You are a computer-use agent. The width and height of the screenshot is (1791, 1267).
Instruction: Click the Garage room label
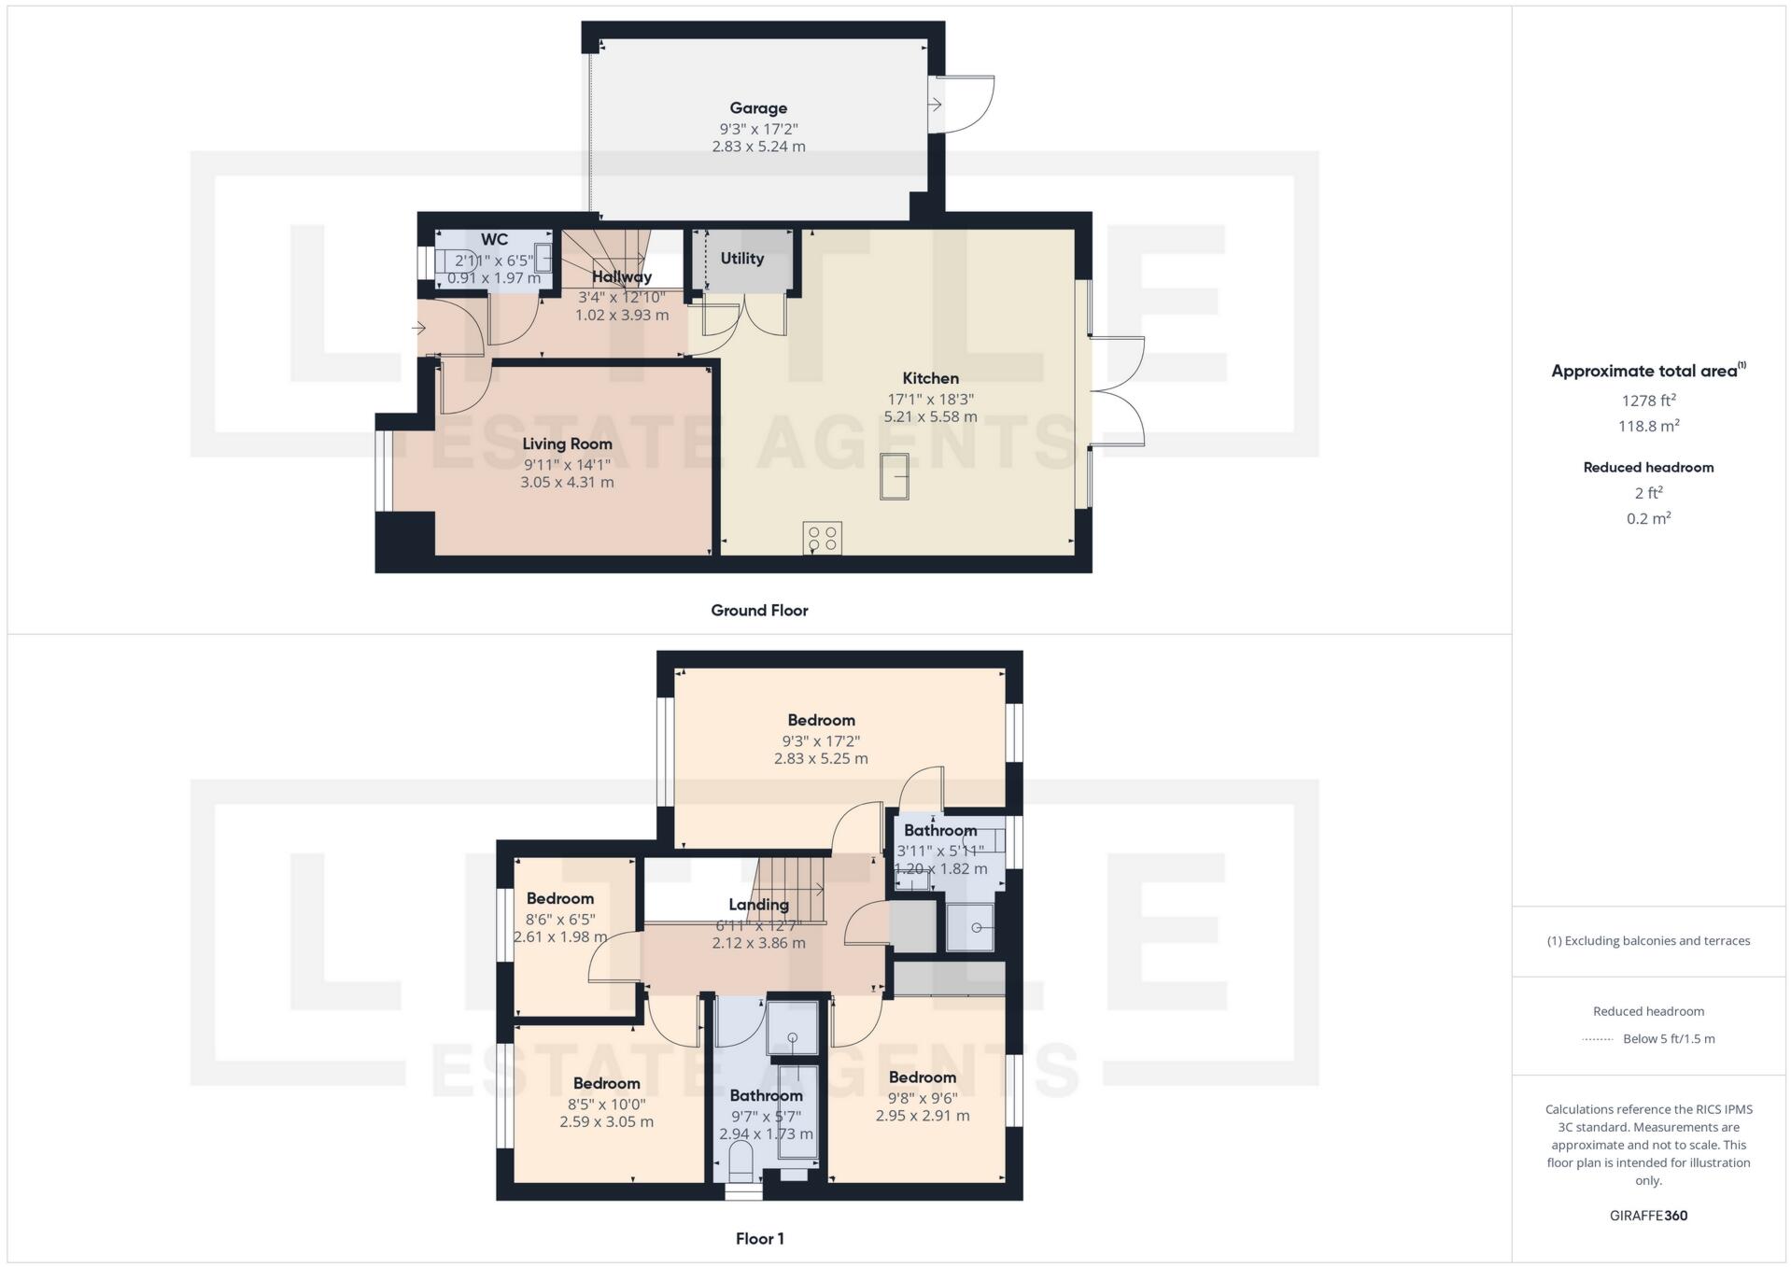click(x=758, y=108)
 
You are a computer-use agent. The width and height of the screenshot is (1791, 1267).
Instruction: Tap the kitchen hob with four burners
click(x=822, y=538)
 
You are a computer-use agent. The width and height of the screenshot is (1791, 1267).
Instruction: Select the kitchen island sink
click(x=894, y=476)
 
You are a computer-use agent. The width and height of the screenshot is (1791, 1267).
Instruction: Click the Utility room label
click(x=742, y=259)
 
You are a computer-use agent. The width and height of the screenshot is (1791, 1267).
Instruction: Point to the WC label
click(x=494, y=240)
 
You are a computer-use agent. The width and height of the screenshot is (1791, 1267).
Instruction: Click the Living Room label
click(x=567, y=444)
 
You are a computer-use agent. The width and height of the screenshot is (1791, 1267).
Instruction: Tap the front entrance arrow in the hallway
click(x=418, y=329)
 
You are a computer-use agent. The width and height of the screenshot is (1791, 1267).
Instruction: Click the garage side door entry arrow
click(x=935, y=106)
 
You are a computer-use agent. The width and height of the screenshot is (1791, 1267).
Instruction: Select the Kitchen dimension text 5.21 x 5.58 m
click(x=930, y=416)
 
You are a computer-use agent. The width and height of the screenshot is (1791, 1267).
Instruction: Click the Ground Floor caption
click(x=759, y=611)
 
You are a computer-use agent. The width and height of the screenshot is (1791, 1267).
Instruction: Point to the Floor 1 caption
click(x=759, y=1239)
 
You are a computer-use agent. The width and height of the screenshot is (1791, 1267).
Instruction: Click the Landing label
click(x=758, y=905)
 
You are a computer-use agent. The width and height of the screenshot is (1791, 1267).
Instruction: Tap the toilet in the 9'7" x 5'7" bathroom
click(x=740, y=1161)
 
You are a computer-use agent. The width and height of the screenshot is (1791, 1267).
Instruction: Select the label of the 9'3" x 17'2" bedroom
click(x=821, y=720)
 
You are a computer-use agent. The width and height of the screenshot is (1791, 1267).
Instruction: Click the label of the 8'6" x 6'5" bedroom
click(x=559, y=899)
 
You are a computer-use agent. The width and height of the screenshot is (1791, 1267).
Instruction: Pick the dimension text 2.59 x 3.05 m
click(x=606, y=1121)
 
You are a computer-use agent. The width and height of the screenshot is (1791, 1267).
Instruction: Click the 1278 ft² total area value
click(x=1648, y=401)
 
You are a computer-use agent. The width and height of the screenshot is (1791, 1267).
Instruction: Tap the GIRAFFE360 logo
click(x=1648, y=1216)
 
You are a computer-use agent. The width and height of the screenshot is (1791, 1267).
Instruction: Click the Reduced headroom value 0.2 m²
click(x=1648, y=518)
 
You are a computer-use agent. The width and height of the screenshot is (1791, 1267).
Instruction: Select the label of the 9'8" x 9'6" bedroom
click(x=922, y=1077)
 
